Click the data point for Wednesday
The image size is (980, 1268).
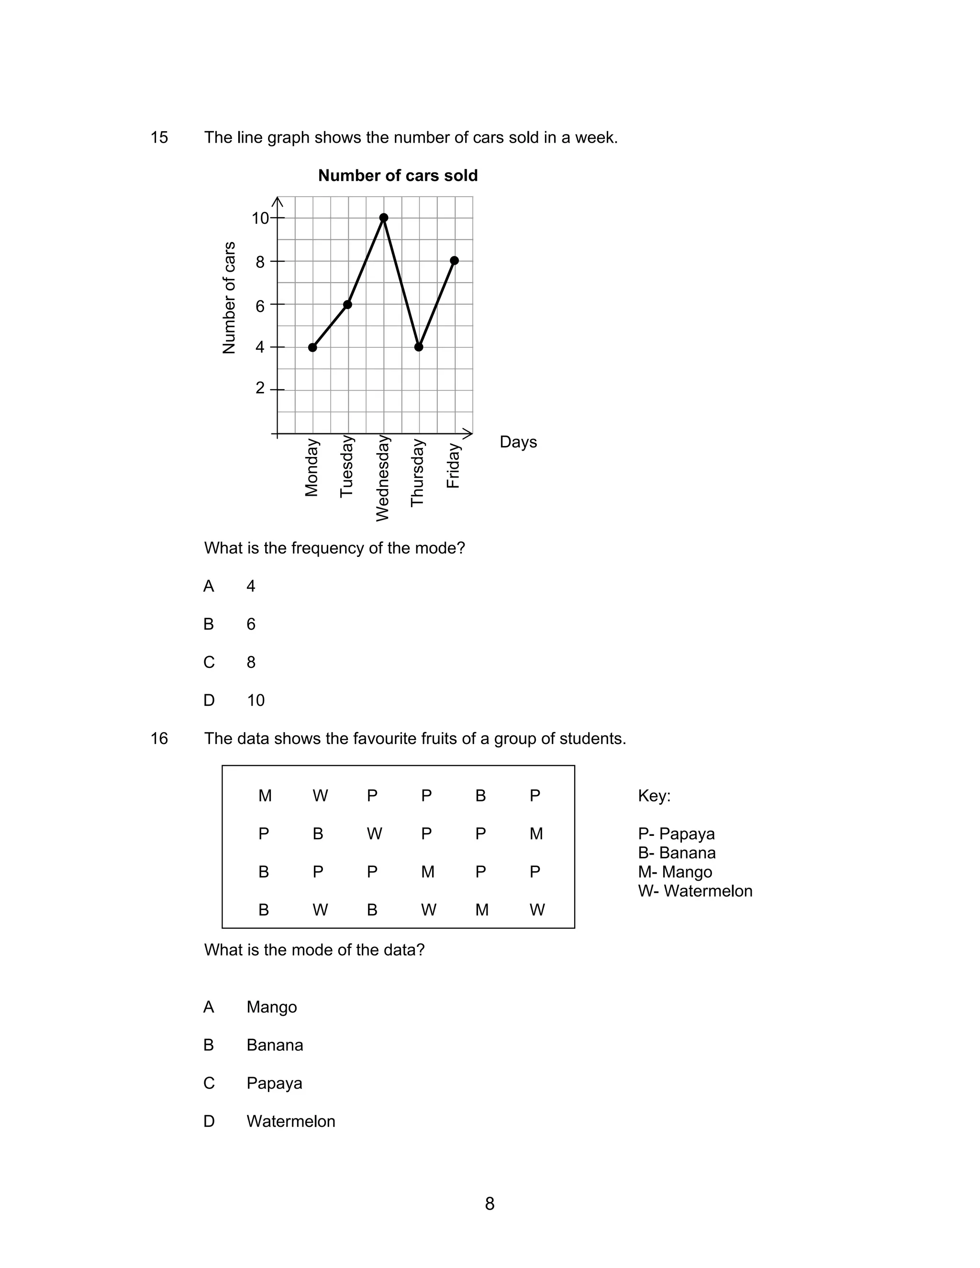(x=384, y=218)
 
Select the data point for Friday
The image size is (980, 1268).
(x=454, y=261)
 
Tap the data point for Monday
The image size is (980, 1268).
(x=312, y=348)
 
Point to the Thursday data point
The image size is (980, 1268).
(x=419, y=347)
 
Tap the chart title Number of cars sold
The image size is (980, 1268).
(x=398, y=175)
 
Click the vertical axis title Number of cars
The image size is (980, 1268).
(x=229, y=297)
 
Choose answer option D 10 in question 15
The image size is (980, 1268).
(x=256, y=700)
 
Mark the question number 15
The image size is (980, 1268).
(x=159, y=138)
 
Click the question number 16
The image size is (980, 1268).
(x=159, y=738)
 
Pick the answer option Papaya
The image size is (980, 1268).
(x=274, y=1083)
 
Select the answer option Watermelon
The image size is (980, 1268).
(x=290, y=1121)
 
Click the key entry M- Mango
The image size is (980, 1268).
(x=675, y=872)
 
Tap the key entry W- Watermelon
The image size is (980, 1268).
(x=694, y=891)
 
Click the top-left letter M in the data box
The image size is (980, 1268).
(x=265, y=795)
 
